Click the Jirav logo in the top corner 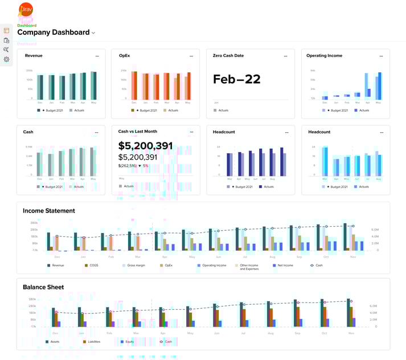(26, 10)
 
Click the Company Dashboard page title (53, 32)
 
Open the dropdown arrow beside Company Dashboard (93, 33)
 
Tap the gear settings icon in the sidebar (6, 59)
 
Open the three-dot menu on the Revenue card (97, 56)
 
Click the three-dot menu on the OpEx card (191, 56)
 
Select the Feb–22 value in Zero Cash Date (236, 79)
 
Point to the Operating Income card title (324, 56)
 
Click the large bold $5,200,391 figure (145, 146)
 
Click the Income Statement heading (48, 211)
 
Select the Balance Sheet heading (43, 287)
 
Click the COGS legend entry (95, 265)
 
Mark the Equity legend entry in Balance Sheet (129, 342)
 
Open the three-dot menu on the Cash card (97, 132)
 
